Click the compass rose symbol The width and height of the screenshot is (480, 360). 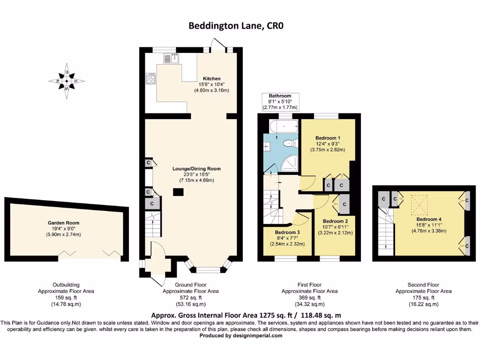pyautogui.click(x=67, y=81)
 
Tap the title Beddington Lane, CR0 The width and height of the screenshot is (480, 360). pyautogui.click(x=236, y=26)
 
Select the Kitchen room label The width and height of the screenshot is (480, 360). pyautogui.click(x=211, y=78)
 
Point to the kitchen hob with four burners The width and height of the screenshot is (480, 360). pyautogui.click(x=151, y=78)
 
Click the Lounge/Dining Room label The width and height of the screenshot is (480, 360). pyautogui.click(x=196, y=169)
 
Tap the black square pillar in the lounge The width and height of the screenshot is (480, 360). pyautogui.click(x=178, y=192)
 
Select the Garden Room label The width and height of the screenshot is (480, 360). pyautogui.click(x=63, y=223)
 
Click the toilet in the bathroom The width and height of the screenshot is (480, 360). pyautogui.click(x=288, y=143)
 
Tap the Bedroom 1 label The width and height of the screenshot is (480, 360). pyautogui.click(x=328, y=138)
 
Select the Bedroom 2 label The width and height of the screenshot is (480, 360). pyautogui.click(x=335, y=221)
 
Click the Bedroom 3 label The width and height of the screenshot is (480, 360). pyautogui.click(x=287, y=232)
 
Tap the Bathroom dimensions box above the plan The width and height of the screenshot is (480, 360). pyautogui.click(x=280, y=101)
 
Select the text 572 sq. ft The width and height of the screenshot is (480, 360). pyautogui.click(x=190, y=298)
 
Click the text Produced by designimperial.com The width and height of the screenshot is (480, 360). pyautogui.click(x=240, y=336)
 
